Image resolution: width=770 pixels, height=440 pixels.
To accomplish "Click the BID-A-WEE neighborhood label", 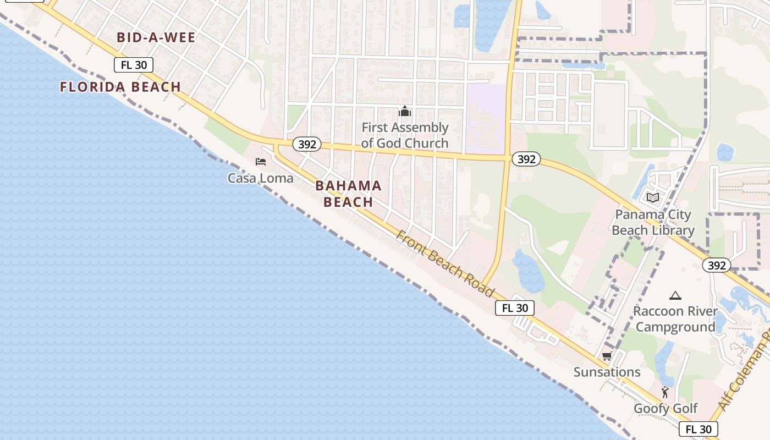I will tap(156, 37).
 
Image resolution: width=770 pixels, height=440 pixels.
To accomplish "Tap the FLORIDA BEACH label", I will tap(120, 87).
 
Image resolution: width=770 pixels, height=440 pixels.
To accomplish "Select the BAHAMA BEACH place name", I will tap(348, 194).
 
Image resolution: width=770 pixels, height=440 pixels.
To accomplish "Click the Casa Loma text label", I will tap(261, 178).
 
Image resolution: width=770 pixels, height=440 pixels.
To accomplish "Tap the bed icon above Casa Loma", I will tap(261, 161).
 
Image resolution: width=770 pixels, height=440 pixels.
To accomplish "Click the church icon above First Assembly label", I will tap(405, 112).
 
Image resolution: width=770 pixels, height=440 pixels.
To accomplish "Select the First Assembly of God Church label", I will tap(405, 135).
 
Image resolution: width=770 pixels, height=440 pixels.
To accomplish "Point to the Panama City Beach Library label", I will tap(653, 222).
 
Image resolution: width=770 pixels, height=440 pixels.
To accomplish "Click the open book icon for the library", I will tap(653, 197).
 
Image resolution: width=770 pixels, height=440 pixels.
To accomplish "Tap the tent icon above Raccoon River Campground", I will tap(675, 295).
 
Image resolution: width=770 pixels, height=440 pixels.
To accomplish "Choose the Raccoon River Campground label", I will tap(675, 319).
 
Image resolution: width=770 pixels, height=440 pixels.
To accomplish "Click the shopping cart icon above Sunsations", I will tap(607, 356).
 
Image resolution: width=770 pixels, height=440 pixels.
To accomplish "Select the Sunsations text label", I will tap(607, 372).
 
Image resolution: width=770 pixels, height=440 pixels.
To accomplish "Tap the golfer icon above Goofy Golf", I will tap(665, 392).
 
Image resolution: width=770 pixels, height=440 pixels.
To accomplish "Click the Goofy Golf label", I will tap(665, 409).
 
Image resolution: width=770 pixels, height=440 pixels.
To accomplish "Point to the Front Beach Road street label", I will tap(446, 264).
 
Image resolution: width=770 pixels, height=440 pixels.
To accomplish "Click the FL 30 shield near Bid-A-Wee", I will tap(134, 65).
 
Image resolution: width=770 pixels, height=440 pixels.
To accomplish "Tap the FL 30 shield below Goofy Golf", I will tap(698, 429).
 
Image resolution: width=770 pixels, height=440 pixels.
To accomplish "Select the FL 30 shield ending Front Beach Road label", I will tap(515, 308).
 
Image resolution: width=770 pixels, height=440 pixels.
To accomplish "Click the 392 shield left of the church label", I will tap(307, 144).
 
